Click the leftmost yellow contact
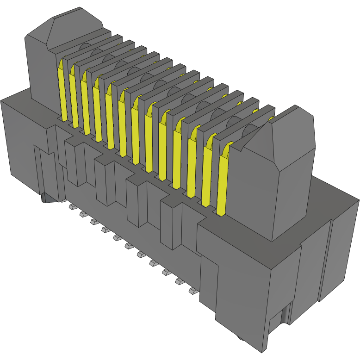(x=62, y=93)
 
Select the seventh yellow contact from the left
(x=135, y=132)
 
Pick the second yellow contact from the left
(x=74, y=99)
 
